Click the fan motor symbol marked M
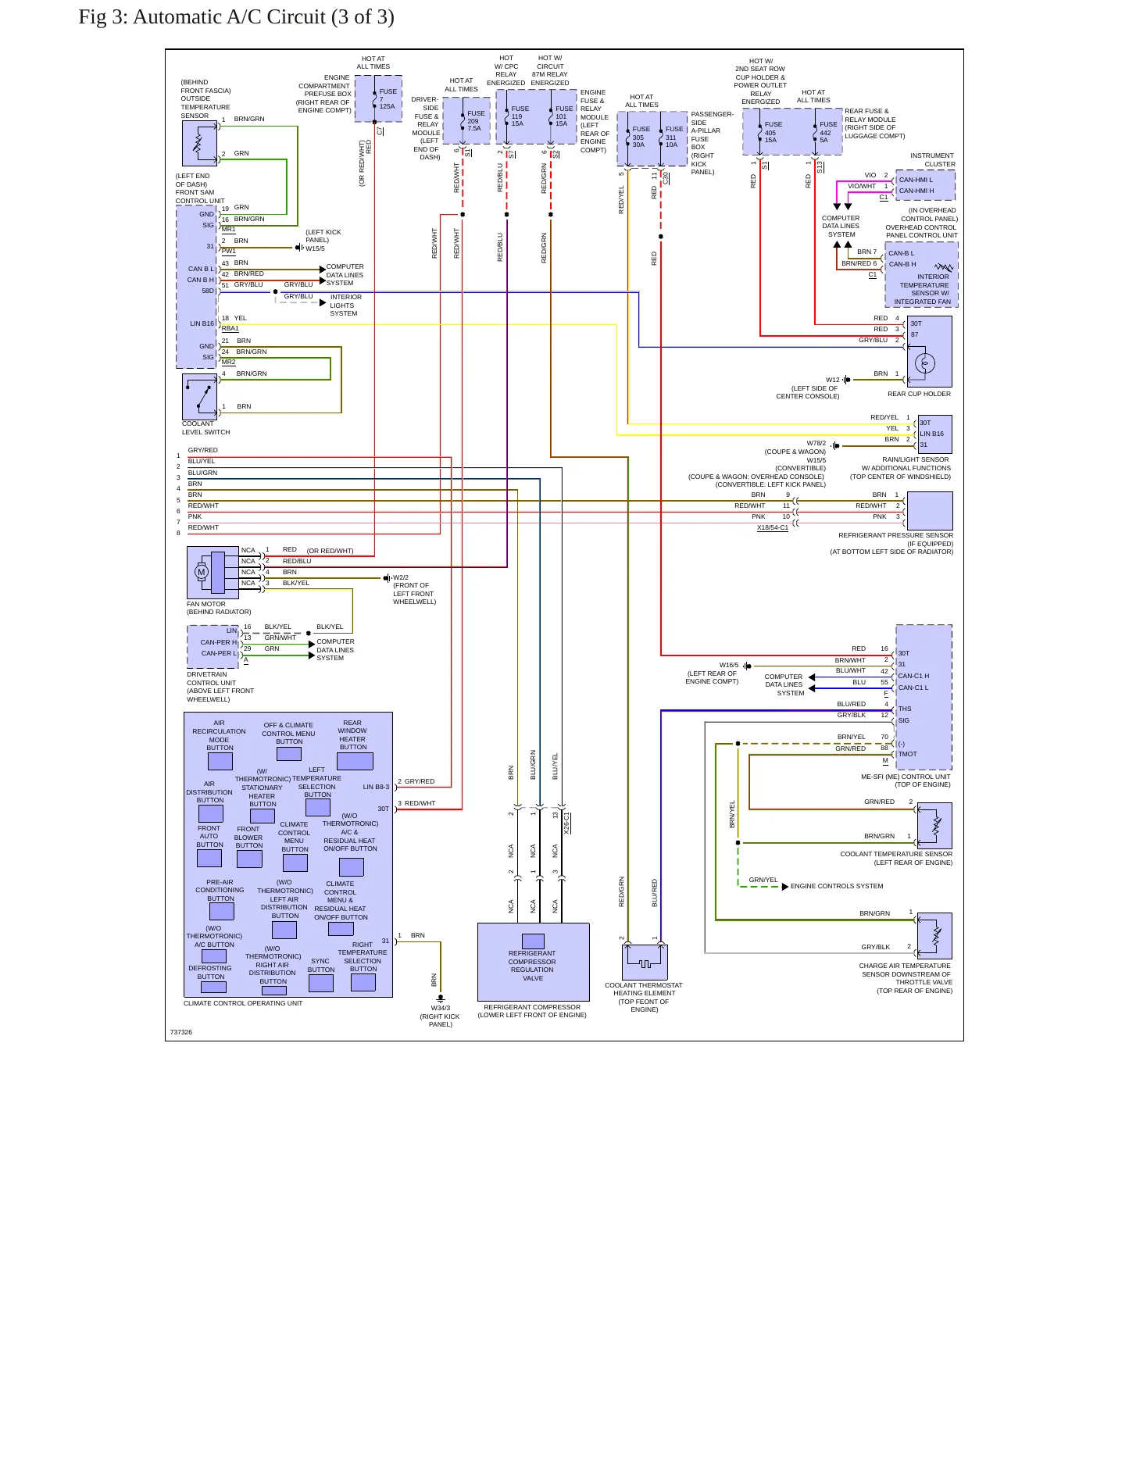pyautogui.click(x=202, y=572)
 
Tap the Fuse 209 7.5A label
pyautogui.click(x=475, y=120)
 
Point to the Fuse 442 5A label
pyautogui.click(x=827, y=132)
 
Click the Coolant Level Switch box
pyautogui.click(x=199, y=397)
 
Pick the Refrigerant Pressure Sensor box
pyautogui.click(x=930, y=511)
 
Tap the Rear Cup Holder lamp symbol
pyautogui.click(x=925, y=363)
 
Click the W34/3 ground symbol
pyautogui.click(x=441, y=998)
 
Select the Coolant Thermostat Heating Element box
pyautogui.click(x=645, y=962)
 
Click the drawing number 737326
pyautogui.click(x=181, y=1032)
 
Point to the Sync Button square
pyautogui.click(x=320, y=983)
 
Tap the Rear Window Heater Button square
pyautogui.click(x=354, y=761)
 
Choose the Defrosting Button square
pyautogui.click(x=213, y=987)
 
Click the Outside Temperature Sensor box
pyautogui.click(x=199, y=144)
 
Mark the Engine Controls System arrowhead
pyautogui.click(x=785, y=887)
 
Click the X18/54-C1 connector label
pyautogui.click(x=773, y=528)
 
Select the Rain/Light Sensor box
pyautogui.click(x=935, y=434)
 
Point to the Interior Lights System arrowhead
pyautogui.click(x=323, y=302)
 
